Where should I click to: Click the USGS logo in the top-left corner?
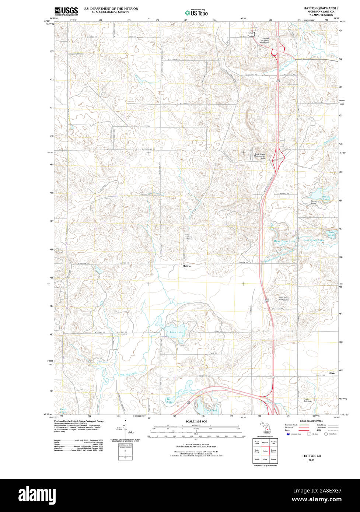66,11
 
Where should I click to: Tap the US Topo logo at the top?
196,13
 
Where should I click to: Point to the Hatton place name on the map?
187,266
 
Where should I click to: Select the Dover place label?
332,373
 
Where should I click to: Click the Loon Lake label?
176,332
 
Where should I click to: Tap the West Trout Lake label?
284,241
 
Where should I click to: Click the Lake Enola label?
332,233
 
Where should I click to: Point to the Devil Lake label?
63,410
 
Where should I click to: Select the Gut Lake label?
169,401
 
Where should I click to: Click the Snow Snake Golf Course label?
284,299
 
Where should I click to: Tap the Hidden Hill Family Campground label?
262,41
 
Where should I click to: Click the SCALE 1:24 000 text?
196,421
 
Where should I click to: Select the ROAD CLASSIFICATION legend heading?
311,421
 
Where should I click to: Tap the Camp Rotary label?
313,202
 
